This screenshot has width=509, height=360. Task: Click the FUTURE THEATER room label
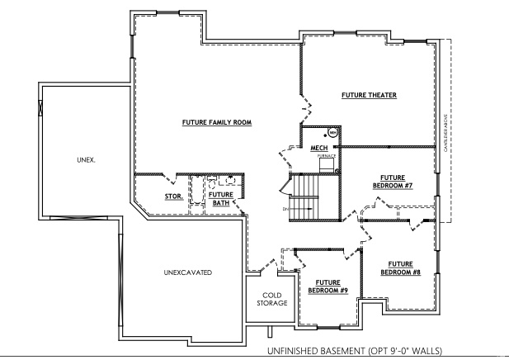click(x=369, y=95)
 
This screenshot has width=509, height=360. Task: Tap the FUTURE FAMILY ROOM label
click(x=216, y=122)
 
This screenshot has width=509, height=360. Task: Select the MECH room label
click(x=318, y=149)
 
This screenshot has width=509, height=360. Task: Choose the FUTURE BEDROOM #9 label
click(x=328, y=287)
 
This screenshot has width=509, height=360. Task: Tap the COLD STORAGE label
click(x=275, y=299)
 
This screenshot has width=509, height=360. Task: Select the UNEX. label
click(x=86, y=160)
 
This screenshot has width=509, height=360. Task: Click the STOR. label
click(x=173, y=197)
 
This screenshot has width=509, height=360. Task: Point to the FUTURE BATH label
click(x=220, y=198)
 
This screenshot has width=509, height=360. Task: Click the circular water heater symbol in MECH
click(x=333, y=132)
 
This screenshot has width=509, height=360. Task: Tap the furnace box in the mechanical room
click(x=327, y=163)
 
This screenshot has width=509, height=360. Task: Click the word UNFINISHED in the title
click(x=293, y=352)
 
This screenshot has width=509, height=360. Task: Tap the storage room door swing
click(x=172, y=178)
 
